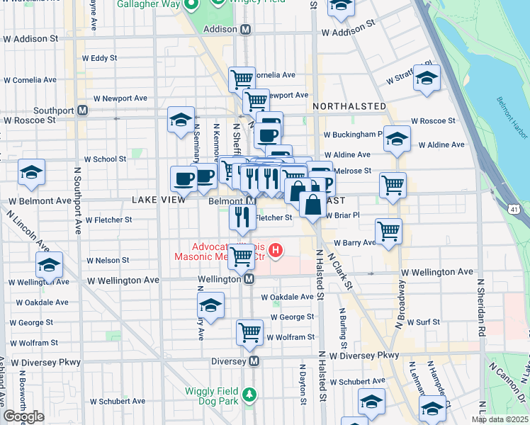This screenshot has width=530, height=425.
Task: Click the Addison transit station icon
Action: point(246,30)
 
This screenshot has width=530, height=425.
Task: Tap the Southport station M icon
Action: point(83,110)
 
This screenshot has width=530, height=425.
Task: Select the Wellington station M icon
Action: point(249,280)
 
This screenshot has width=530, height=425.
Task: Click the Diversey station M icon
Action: point(254,361)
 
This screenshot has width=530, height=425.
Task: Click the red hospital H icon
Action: point(276,250)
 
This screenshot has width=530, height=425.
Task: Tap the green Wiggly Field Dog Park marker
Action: point(248,393)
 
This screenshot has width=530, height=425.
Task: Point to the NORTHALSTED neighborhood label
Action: point(349,106)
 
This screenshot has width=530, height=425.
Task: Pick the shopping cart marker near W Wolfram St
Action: point(249,331)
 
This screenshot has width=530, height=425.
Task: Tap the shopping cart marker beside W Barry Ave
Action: point(388,230)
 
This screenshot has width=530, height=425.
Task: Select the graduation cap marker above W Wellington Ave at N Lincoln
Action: point(49,265)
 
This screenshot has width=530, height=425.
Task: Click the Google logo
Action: point(23,416)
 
